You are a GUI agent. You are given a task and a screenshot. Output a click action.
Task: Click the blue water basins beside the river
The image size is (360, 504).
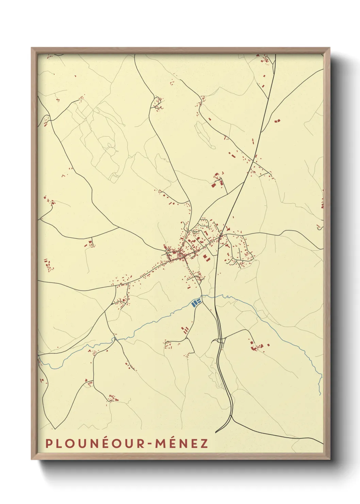(x=196, y=302)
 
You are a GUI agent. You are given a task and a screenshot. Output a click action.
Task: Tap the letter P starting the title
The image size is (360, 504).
(x=49, y=443)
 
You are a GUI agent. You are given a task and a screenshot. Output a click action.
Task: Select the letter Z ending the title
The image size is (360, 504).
(x=204, y=443)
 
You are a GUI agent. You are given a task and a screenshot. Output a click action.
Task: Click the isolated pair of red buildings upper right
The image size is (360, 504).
(x=276, y=121)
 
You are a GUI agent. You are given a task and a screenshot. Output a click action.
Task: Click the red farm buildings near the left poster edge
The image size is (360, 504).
(x=49, y=265)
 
